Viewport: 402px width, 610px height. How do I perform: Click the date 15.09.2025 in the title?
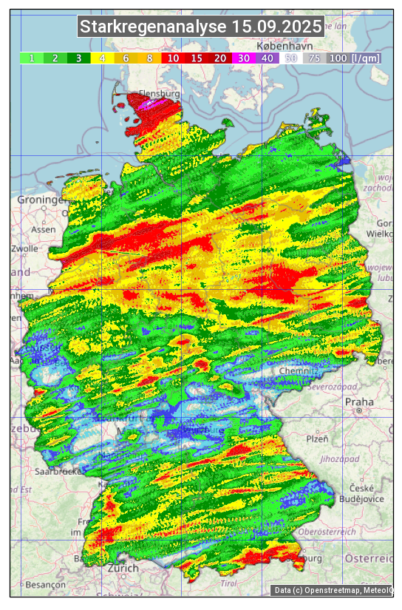276,27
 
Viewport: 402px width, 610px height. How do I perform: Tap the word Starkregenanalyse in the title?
154,27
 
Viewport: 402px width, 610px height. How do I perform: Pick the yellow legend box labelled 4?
102,58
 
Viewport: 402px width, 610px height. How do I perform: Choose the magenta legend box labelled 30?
243,58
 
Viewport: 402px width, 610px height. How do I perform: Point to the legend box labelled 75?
314,58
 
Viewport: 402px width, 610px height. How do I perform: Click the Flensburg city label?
159,95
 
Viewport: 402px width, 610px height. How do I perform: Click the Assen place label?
44,229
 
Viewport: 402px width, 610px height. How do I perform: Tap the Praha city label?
359,402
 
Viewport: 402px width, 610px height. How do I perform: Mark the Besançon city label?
45,584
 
